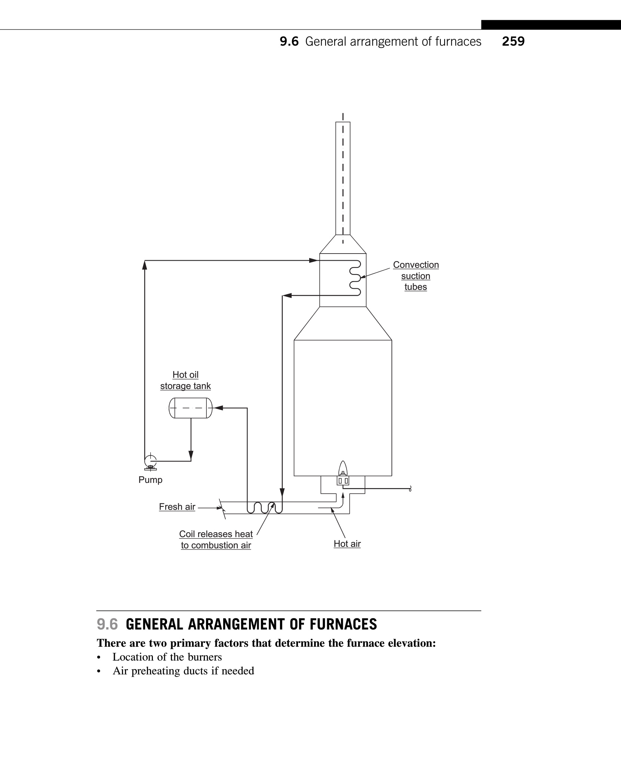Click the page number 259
coord(513,41)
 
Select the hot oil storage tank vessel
coord(191,408)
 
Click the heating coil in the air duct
coord(265,508)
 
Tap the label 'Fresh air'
coord(177,507)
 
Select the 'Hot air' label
coord(347,544)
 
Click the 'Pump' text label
coord(150,480)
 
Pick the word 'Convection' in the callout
coord(416,265)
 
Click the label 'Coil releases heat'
coord(216,534)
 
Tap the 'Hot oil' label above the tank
coord(185,375)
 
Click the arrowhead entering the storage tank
coord(218,408)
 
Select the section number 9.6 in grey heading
coord(107,624)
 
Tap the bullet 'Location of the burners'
coord(167,657)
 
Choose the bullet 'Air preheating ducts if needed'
coord(183,671)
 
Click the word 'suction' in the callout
coord(415,276)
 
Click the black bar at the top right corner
coord(551,25)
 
